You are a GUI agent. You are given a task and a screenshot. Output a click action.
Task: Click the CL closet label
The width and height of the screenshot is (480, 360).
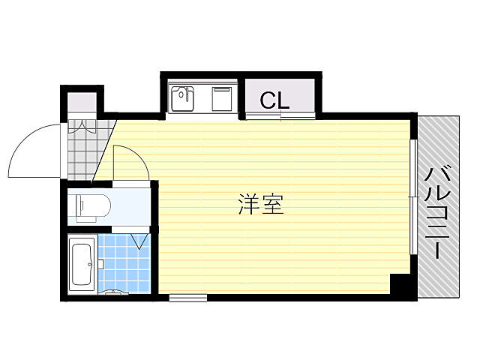point(274,100)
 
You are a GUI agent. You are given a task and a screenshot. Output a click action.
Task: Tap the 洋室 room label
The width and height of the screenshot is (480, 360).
point(261,204)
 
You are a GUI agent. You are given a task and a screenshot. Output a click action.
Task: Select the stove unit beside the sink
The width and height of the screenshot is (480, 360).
point(223,97)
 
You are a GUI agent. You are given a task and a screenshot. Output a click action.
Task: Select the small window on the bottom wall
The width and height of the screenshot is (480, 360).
point(187,298)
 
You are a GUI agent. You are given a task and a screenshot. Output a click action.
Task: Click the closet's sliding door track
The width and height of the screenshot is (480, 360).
point(279,116)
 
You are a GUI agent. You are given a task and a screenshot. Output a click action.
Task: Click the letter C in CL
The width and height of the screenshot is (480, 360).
point(268,100)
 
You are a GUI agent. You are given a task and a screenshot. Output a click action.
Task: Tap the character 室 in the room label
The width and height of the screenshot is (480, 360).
point(272,204)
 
